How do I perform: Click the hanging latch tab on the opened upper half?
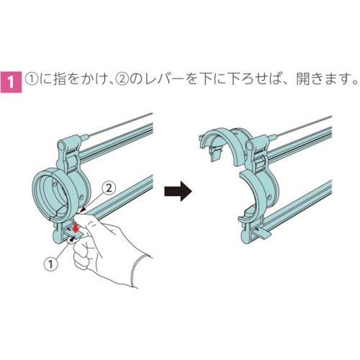tap(215, 153)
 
